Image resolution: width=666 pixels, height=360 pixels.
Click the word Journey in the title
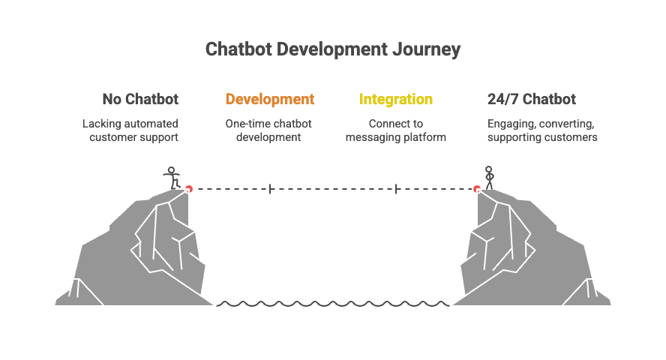pyautogui.click(x=426, y=50)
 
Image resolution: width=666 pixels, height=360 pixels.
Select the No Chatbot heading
pyautogui.click(x=140, y=100)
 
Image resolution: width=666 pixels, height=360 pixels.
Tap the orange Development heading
pyautogui.click(x=270, y=100)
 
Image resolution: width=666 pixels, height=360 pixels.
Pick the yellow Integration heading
pyautogui.click(x=396, y=100)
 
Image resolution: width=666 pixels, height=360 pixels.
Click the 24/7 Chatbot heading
pyautogui.click(x=531, y=100)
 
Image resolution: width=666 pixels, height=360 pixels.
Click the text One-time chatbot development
pyautogui.click(x=268, y=130)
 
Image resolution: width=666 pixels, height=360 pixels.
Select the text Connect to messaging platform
pyautogui.click(x=395, y=130)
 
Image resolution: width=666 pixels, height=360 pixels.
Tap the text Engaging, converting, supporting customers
pyautogui.click(x=542, y=130)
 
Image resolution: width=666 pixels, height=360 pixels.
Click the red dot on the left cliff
pyautogui.click(x=189, y=189)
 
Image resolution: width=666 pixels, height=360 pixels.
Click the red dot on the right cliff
pyautogui.click(x=477, y=189)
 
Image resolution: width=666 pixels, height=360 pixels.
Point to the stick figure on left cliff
pyautogui.click(x=173, y=176)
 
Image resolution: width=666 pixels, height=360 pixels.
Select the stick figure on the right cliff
pyautogui.click(x=490, y=176)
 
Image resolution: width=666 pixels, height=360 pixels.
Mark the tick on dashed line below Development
pyautogui.click(x=270, y=189)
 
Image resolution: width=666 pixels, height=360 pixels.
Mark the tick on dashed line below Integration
pyautogui.click(x=396, y=189)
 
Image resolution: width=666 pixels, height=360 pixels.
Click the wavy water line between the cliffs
pyautogui.click(x=333, y=304)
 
